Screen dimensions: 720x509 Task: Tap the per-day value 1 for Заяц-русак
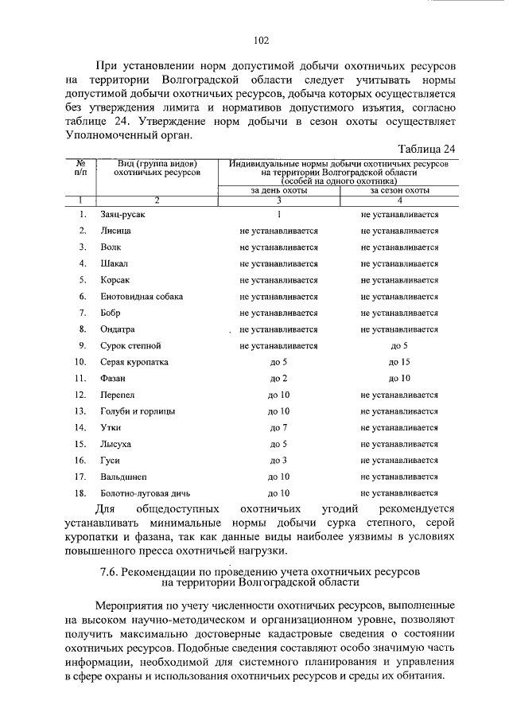pos(278,214)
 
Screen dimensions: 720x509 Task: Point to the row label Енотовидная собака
pos(142,296)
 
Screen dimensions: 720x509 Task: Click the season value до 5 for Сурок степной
pos(399,345)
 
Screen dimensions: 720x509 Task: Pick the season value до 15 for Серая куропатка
pos(399,362)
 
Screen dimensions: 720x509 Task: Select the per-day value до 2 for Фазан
pos(278,378)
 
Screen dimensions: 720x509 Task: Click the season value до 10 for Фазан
pos(399,378)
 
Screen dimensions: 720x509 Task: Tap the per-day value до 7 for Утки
pos(278,427)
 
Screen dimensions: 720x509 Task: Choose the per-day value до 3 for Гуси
pos(278,460)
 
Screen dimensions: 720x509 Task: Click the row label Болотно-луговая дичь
pos(146,493)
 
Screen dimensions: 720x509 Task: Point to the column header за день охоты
pos(278,191)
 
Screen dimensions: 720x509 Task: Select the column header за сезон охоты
pos(399,191)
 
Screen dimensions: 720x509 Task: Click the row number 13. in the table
pos(80,411)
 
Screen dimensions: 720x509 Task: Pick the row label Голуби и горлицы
pos(138,411)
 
